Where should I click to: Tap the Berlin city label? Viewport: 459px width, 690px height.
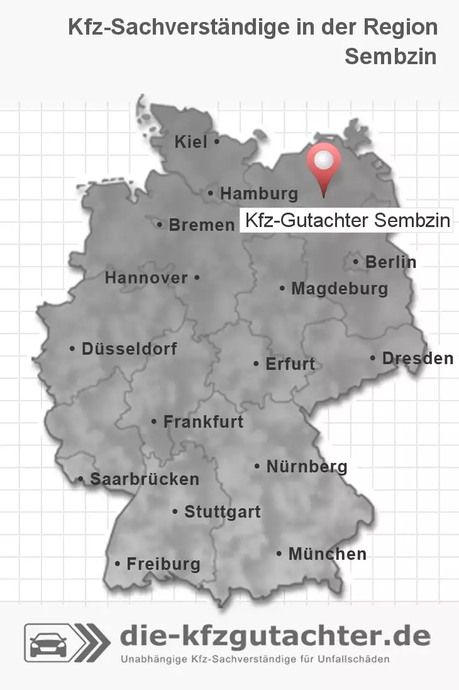[390, 262]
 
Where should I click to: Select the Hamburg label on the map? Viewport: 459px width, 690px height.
[258, 194]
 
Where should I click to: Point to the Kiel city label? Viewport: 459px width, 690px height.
[191, 143]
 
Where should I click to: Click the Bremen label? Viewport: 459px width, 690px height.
[201, 225]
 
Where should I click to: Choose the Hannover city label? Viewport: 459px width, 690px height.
[147, 277]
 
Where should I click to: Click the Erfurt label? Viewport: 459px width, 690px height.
[290, 364]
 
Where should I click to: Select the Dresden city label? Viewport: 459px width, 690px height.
[417, 358]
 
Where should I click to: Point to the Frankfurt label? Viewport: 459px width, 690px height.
[202, 421]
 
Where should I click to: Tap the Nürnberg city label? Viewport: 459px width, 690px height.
[306, 466]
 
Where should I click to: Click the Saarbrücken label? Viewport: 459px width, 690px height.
[144, 479]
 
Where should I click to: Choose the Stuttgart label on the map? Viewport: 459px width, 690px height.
[222, 512]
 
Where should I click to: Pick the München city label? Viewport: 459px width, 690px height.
[326, 554]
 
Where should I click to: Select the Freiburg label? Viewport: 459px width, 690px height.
[163, 564]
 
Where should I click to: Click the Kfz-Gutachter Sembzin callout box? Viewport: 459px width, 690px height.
[346, 221]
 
